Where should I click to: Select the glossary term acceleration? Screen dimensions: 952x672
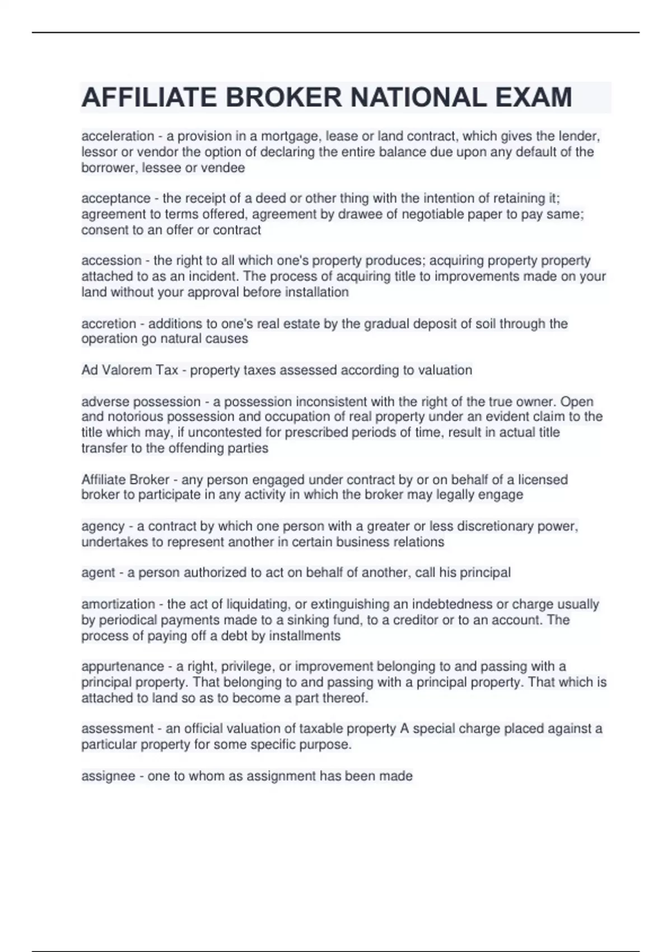[x=118, y=136]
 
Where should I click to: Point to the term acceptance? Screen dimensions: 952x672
[x=116, y=198]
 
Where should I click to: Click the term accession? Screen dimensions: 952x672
[x=111, y=260]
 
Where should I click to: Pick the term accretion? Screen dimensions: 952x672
[x=109, y=324]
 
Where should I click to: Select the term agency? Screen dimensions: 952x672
[x=103, y=526]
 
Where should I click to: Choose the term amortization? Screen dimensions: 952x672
[x=118, y=604]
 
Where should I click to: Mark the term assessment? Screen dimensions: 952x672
[x=116, y=729]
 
